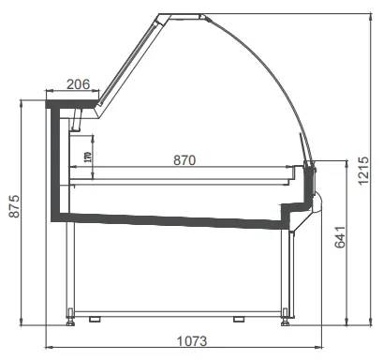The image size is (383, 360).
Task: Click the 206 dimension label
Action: pyautogui.click(x=79, y=84)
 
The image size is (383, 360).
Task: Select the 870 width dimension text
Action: pyautogui.click(x=184, y=160)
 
